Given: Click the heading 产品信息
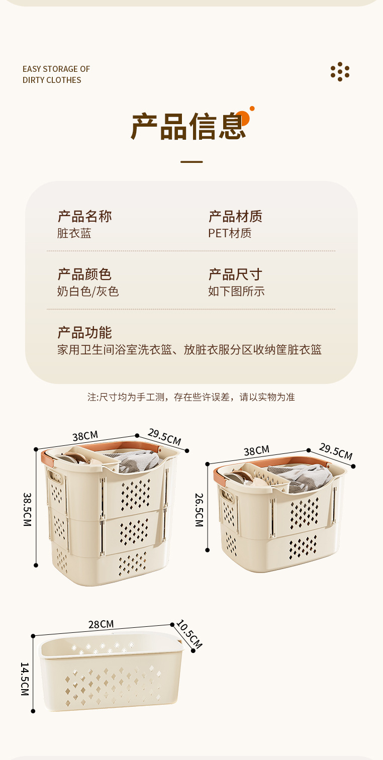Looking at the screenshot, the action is [189, 126].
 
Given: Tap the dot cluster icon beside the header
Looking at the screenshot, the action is [340, 71].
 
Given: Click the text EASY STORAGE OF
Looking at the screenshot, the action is [56, 69].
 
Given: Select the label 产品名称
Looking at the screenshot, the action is [84, 217].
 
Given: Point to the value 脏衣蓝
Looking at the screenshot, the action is [74, 233].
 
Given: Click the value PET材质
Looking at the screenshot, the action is [230, 233].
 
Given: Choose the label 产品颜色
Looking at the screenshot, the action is [84, 274].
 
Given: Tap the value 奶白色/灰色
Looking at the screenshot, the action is [88, 292].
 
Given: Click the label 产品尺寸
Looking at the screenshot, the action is [235, 274].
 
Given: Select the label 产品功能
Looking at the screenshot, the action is [84, 333].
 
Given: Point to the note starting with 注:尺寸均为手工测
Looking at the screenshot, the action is [191, 397].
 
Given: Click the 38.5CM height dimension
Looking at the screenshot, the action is [27, 509].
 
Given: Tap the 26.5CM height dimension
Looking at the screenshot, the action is [199, 509].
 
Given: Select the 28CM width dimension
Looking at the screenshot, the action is [101, 624].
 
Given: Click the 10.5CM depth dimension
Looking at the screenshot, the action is [189, 634].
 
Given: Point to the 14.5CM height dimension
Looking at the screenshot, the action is [25, 679].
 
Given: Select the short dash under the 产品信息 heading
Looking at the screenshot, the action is [191, 162].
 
